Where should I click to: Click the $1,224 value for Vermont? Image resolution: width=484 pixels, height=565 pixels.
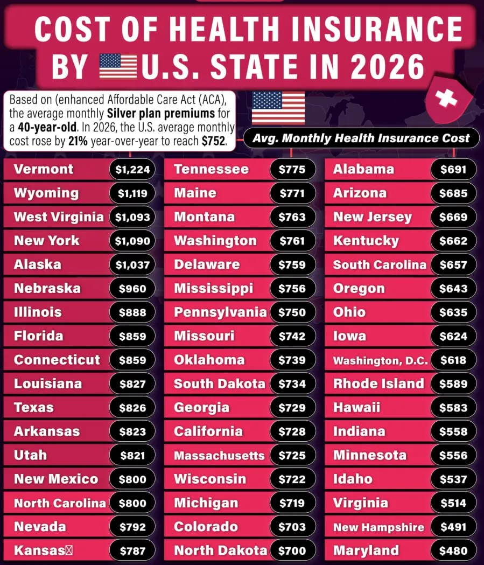click(132, 170)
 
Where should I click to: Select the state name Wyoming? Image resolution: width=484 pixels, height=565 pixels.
click(46, 193)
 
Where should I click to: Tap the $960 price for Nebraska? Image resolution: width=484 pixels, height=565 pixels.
click(132, 289)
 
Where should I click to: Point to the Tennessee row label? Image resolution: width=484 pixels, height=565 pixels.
click(211, 170)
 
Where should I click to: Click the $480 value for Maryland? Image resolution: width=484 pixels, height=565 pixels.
click(453, 551)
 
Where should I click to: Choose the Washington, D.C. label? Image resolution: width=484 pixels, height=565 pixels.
click(380, 360)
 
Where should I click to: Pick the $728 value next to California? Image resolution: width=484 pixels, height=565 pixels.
click(292, 432)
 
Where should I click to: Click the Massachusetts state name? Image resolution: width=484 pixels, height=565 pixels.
click(219, 456)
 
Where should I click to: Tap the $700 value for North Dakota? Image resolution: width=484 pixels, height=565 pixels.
click(292, 551)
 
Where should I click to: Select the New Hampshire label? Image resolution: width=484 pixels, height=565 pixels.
click(378, 527)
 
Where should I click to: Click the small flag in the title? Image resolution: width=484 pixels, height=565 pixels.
click(118, 66)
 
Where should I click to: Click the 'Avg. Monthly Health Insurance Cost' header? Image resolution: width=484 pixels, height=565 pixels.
click(362, 138)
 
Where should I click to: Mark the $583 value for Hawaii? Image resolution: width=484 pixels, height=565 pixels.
click(453, 408)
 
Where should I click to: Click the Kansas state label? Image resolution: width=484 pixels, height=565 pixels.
click(39, 551)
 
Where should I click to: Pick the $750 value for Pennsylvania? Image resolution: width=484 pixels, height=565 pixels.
click(292, 312)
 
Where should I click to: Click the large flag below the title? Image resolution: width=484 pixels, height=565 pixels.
click(278, 108)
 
